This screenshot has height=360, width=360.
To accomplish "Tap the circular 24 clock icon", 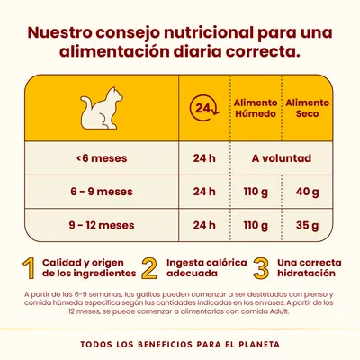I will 205,110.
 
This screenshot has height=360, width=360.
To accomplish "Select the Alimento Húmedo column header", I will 256,109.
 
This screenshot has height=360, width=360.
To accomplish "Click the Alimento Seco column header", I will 307,109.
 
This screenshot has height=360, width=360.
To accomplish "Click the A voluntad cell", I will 282,159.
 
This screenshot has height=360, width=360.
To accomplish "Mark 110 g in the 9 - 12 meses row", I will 256,223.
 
